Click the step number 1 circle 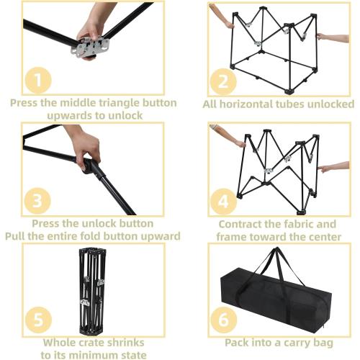coord(38,81)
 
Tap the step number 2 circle coord(223,81)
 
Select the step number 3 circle coord(37,201)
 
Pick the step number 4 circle coord(223,202)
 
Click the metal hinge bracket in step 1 coord(90,46)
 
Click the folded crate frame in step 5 coord(92,291)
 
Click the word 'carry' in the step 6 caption coord(295,343)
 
